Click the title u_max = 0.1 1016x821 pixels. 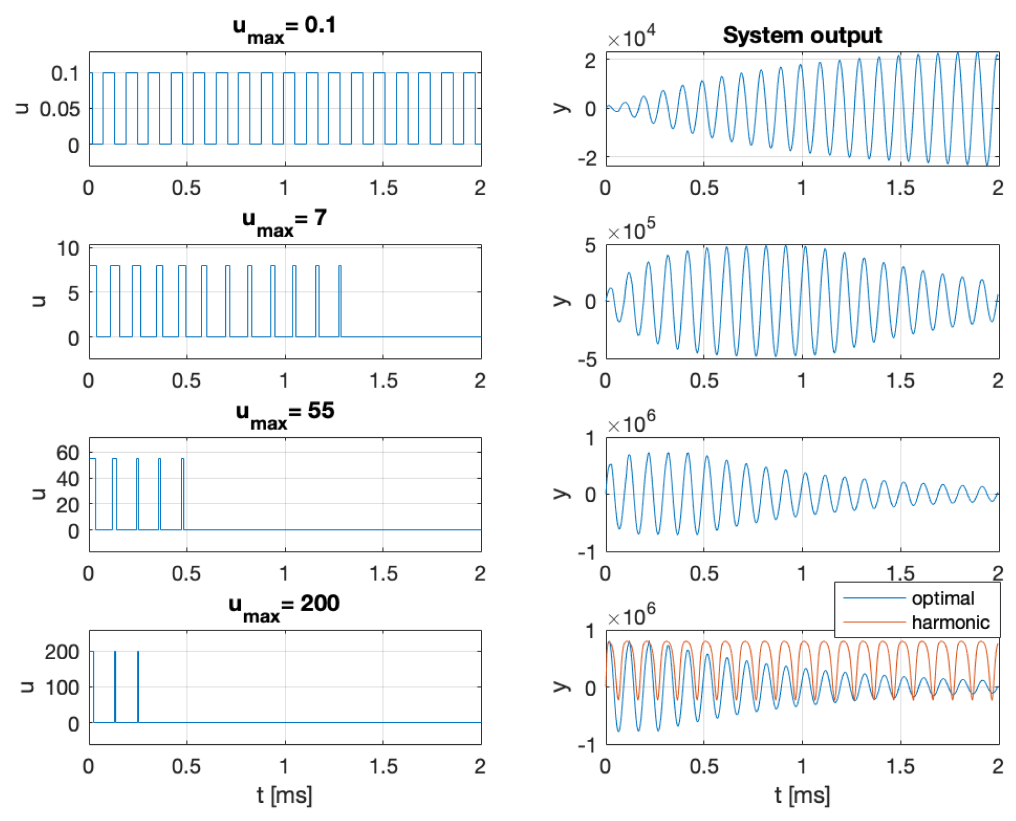[284, 28]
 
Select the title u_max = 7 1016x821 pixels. [284, 221]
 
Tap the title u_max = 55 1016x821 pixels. [284, 414]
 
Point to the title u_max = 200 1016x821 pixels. [284, 606]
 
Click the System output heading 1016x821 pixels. [802, 35]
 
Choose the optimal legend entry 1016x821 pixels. [942, 598]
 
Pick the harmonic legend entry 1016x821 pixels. [950, 623]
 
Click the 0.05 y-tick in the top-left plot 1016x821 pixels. [60, 109]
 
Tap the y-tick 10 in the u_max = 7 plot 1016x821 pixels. [68, 249]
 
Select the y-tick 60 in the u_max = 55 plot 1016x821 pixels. [67, 453]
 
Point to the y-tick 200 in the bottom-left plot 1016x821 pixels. [62, 652]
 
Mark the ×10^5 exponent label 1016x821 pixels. [631, 230]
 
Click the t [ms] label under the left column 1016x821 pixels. [284, 796]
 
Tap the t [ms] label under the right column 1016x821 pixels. [802, 796]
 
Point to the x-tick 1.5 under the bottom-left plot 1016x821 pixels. [383, 766]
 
